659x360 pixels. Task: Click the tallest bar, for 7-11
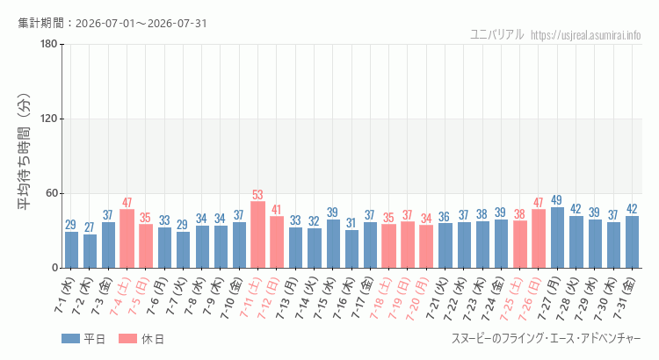[257, 234]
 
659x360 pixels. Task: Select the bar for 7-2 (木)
[90, 251]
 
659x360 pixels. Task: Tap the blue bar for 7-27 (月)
[557, 238]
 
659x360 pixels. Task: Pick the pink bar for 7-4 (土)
[127, 239]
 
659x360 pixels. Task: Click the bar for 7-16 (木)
[351, 248]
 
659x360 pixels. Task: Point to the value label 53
[257, 195]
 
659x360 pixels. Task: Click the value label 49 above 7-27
[557, 200]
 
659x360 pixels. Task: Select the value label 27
[90, 227]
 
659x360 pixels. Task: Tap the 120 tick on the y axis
[49, 119]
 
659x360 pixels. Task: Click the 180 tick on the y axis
[49, 44]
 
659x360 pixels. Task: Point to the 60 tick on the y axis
[52, 194]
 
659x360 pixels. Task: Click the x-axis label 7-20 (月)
[416, 299]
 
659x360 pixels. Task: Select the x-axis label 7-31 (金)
[625, 299]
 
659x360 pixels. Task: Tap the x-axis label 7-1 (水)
[64, 295]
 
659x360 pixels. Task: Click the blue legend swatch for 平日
[70, 339]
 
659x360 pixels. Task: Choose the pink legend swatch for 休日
[127, 339]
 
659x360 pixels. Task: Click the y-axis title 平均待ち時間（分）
[24, 152]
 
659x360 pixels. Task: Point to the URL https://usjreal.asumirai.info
[586, 35]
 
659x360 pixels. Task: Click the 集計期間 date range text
[112, 23]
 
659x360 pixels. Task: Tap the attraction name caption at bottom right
[547, 339]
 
